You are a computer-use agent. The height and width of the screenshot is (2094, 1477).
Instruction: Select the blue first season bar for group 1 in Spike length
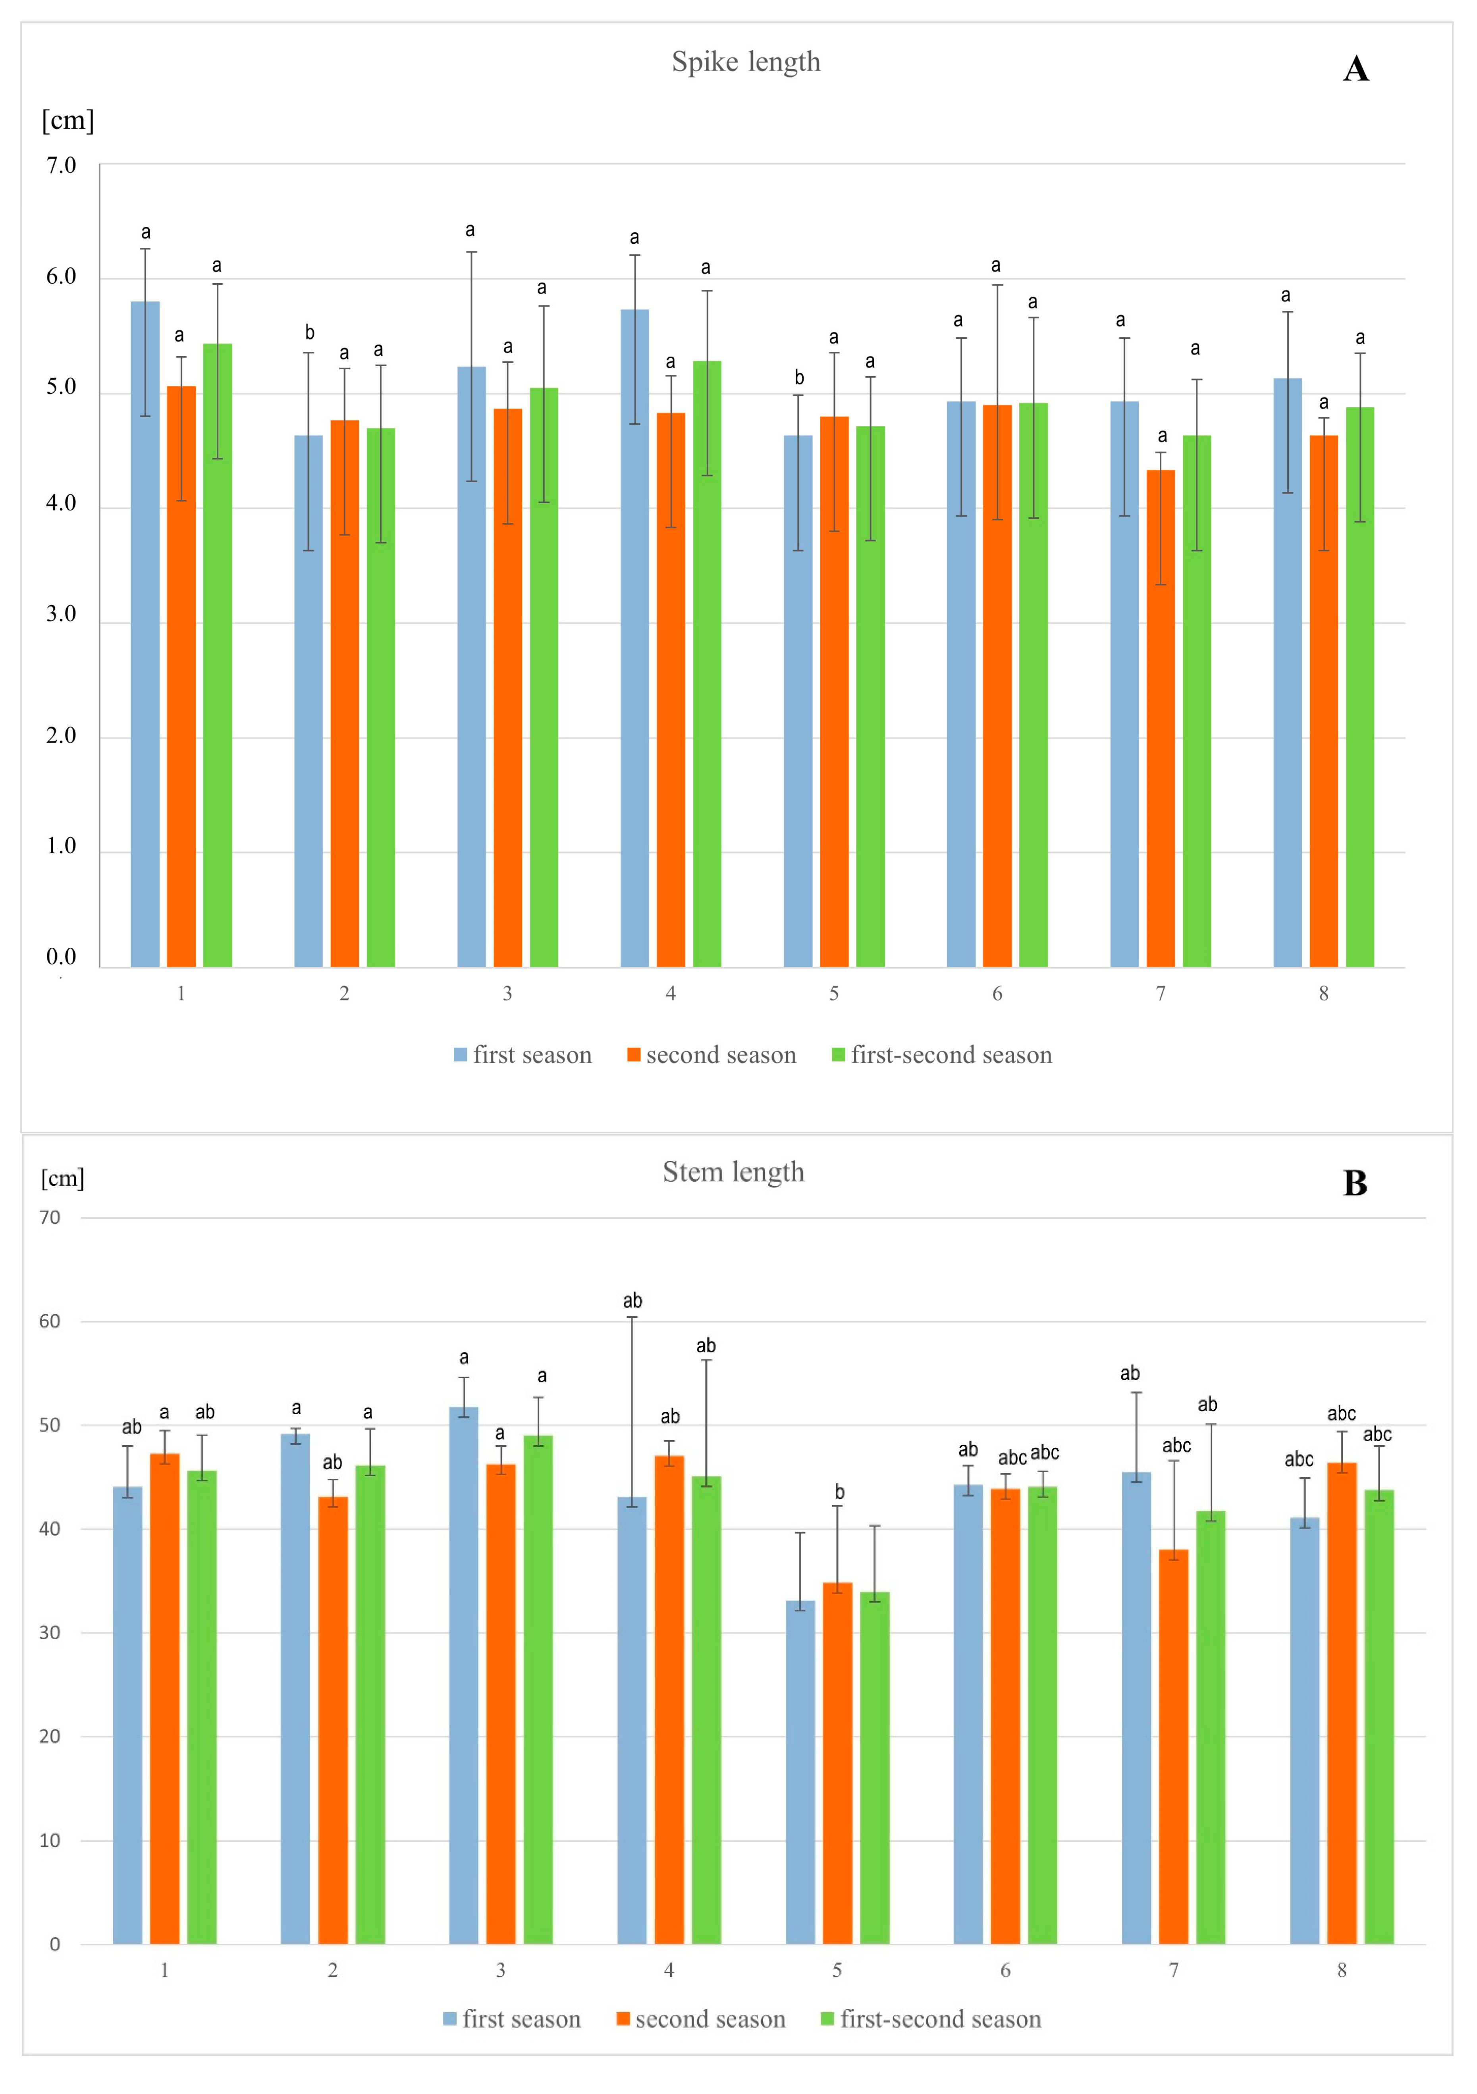click(x=145, y=639)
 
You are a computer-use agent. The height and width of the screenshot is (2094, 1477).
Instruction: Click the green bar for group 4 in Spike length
click(x=707, y=666)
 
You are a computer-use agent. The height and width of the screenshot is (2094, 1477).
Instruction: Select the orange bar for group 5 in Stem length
click(x=837, y=1765)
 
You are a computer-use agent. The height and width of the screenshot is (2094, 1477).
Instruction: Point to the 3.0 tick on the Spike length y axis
click(x=61, y=614)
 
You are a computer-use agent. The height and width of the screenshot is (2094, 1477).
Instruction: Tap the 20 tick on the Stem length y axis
click(x=50, y=1737)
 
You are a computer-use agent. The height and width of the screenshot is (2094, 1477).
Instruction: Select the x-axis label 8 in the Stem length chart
click(x=1341, y=1971)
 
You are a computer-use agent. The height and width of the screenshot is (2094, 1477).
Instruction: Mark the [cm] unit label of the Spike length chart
click(x=67, y=120)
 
